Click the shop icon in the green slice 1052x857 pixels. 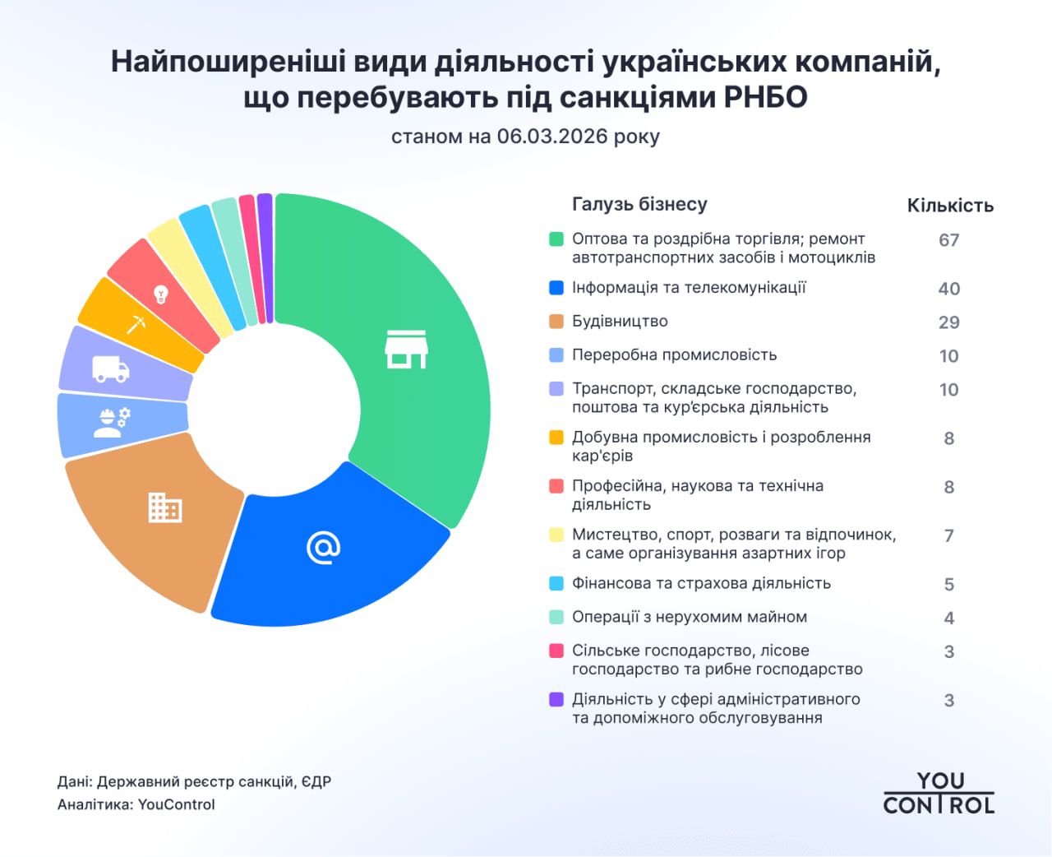[406, 350]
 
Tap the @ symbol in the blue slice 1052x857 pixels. [323, 547]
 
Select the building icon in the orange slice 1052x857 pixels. [164, 507]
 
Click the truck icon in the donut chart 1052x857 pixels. [111, 369]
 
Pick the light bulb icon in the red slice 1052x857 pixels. [161, 294]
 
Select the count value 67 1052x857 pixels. [949, 240]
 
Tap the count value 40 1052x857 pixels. [949, 289]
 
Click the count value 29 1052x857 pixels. [949, 322]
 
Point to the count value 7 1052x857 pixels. [949, 536]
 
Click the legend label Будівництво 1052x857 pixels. [620, 322]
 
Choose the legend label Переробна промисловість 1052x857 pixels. [674, 355]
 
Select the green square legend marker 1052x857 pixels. [556, 239]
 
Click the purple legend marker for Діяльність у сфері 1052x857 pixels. [556, 700]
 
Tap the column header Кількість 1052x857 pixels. [950, 206]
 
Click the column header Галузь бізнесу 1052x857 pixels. [639, 205]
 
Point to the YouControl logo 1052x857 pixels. [939, 793]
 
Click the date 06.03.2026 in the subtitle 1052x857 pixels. [551, 137]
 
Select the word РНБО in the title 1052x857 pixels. [765, 98]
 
